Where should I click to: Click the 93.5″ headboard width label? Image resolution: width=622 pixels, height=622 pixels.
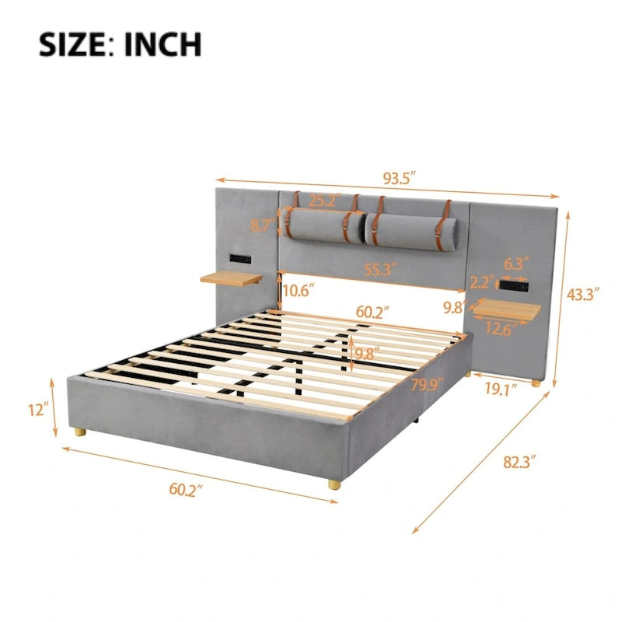pos(399,178)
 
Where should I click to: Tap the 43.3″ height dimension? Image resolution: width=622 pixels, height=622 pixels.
pos(582,295)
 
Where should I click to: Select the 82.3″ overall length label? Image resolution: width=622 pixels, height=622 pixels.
pos(519,462)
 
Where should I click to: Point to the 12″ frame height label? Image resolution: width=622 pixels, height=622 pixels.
pos(38,410)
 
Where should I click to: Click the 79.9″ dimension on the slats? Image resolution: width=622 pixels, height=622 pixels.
pos(427,384)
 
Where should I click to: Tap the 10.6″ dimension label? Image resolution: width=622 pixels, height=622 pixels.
pos(299,291)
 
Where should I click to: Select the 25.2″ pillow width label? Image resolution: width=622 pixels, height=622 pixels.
pos(325,201)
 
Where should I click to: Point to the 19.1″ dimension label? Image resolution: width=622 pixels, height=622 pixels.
pos(501,390)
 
